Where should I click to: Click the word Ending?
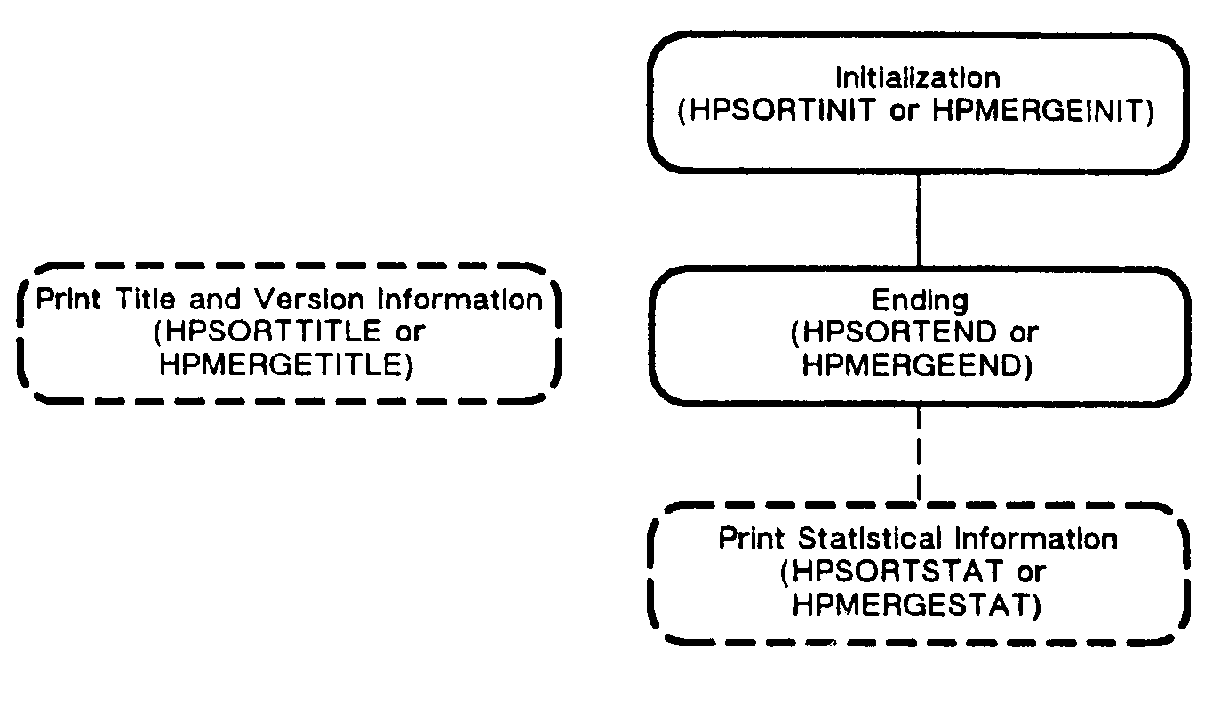[918, 300]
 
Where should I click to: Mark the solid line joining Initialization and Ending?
[918, 219]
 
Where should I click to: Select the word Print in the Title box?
[70, 299]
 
